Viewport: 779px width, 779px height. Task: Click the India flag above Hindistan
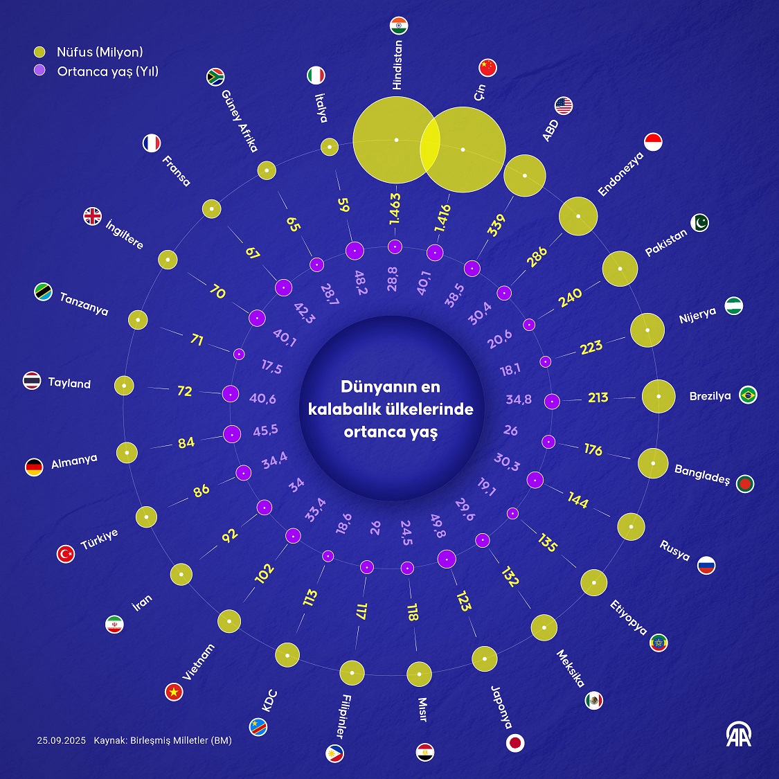coord(400,26)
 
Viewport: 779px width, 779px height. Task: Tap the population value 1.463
coord(395,209)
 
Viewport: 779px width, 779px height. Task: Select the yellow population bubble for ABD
coord(525,175)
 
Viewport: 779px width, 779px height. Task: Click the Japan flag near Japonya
coord(515,743)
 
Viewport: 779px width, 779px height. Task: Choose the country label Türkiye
coord(100,539)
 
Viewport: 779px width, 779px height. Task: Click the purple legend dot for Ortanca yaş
coord(40,71)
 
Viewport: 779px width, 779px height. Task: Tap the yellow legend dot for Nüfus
coord(40,52)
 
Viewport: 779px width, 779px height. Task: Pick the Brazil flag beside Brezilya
coord(748,395)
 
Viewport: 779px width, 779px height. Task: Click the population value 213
coord(598,397)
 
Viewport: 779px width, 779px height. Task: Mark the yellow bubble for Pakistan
coord(620,269)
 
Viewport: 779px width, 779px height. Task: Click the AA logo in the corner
coord(738,735)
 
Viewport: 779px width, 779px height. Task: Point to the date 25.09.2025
coord(62,741)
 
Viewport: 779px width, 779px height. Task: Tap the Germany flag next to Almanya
coord(34,467)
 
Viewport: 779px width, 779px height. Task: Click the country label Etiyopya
coord(629,618)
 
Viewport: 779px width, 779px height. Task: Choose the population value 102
coord(265,573)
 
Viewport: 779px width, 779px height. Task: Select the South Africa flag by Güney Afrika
coord(216,77)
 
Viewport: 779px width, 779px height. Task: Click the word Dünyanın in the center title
coord(371,387)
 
